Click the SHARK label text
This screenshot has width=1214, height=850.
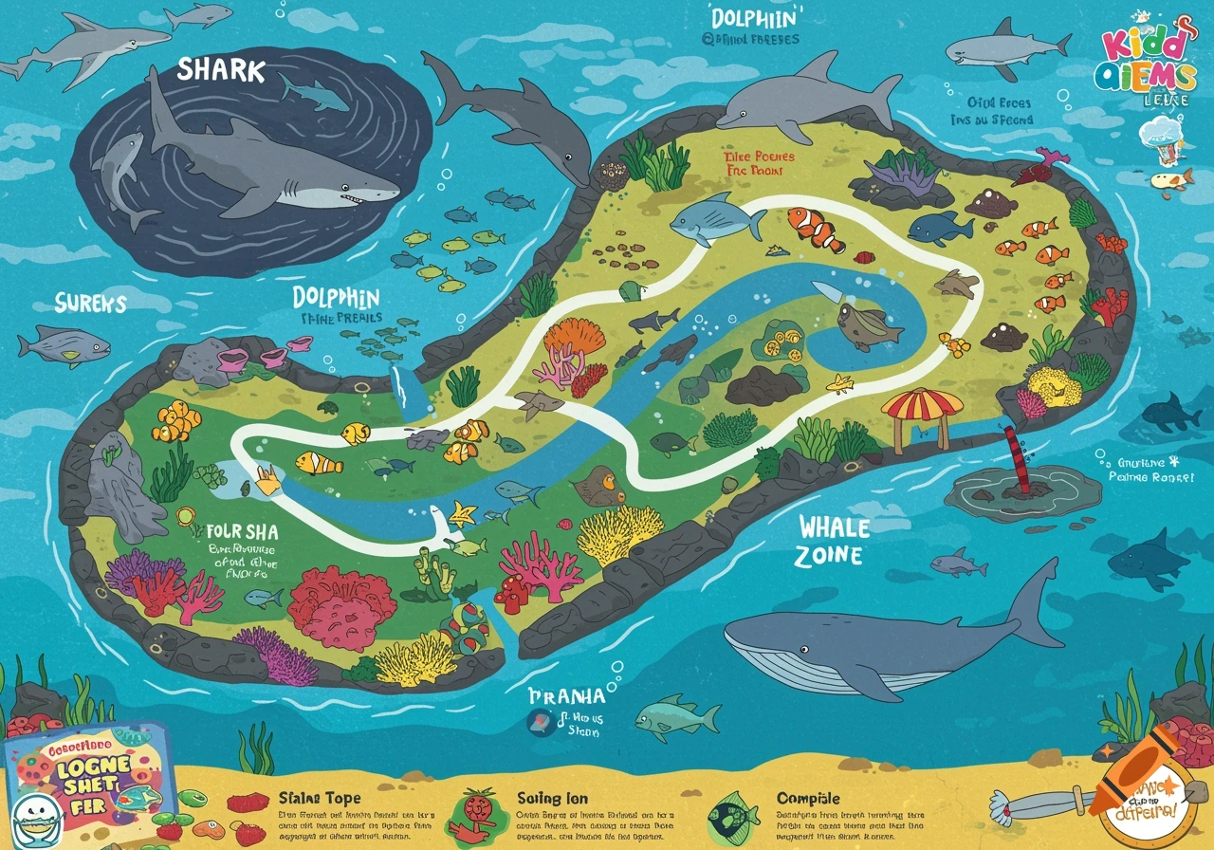click(x=220, y=69)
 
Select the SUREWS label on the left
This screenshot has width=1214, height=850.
click(x=90, y=303)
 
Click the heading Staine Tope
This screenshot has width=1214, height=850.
click(x=320, y=799)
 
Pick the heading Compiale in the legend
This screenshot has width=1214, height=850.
click(x=808, y=799)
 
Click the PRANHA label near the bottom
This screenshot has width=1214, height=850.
click(x=565, y=696)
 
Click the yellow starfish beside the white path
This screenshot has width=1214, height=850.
click(x=463, y=514)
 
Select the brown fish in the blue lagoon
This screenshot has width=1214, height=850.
click(x=868, y=325)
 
